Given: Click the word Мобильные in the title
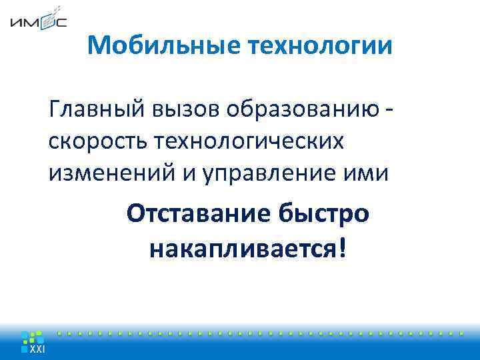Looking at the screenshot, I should click(165, 46).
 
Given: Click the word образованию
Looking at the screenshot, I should click(299, 108).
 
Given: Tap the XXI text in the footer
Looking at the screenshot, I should click(37, 351).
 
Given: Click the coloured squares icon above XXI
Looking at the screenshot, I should click(31, 337).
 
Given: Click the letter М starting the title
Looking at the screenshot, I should click(97, 46).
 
